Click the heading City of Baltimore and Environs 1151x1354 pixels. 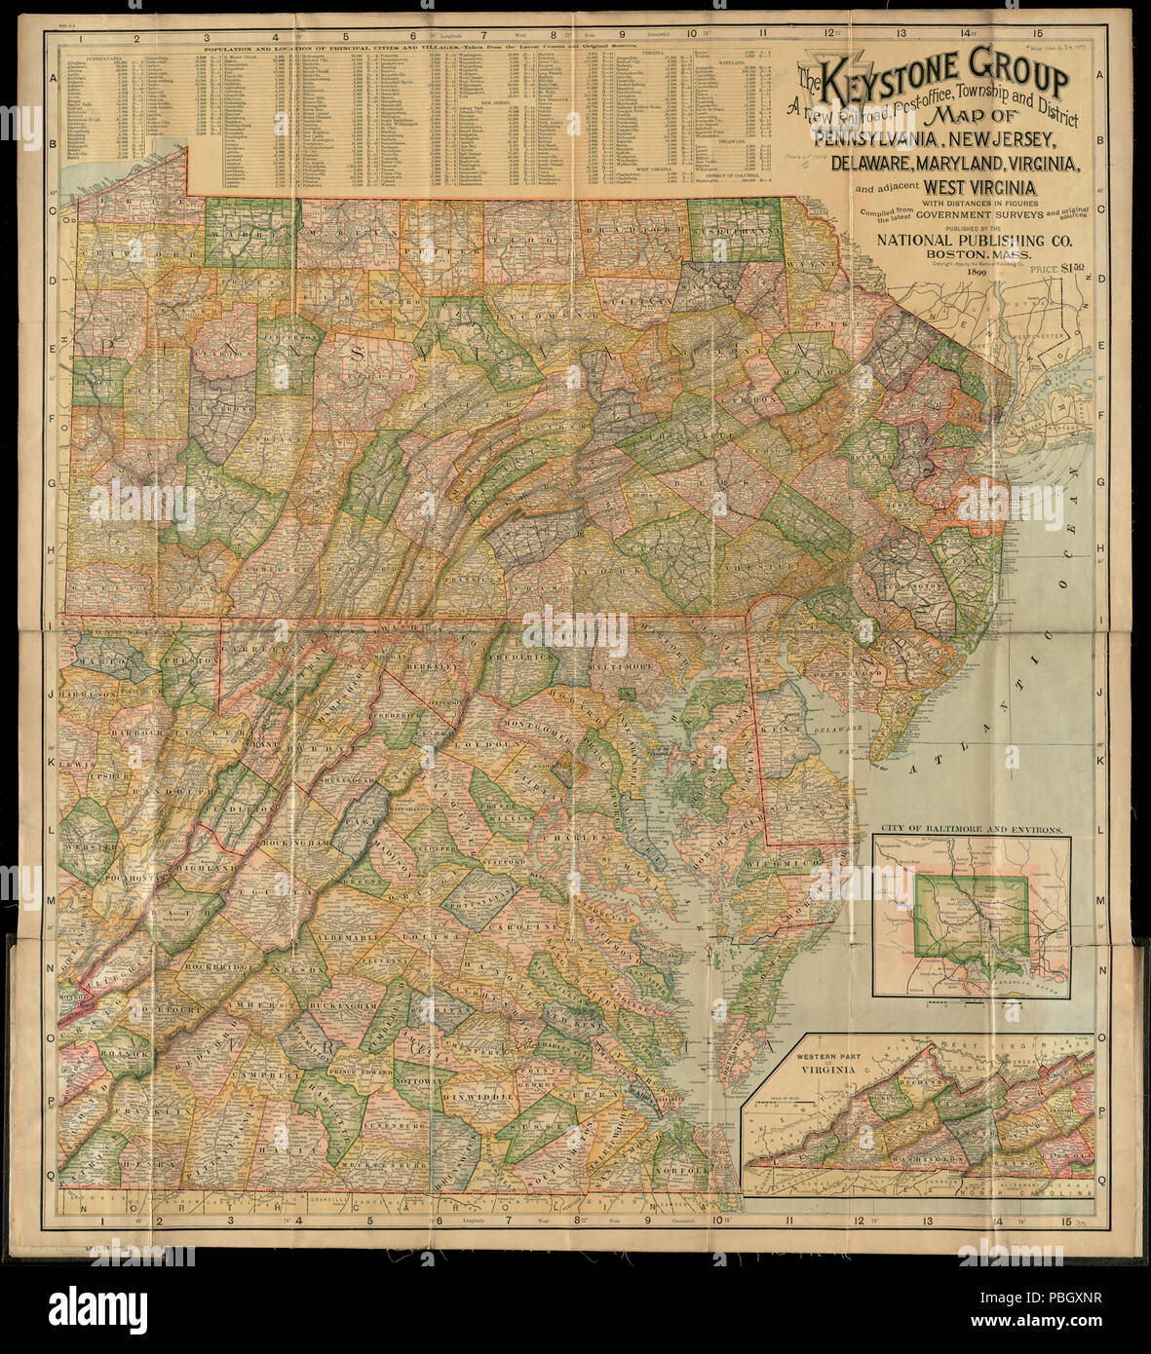pos(972,831)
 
